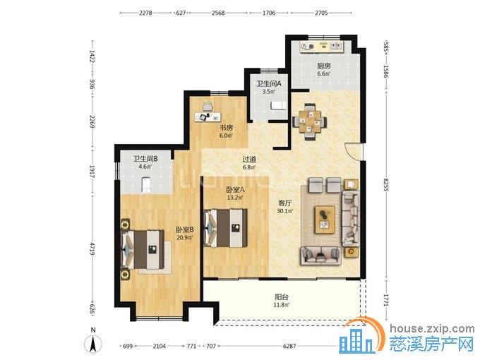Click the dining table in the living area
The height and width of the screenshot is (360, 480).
310,122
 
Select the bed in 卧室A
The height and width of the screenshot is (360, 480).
226,227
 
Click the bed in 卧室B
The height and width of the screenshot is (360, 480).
143,249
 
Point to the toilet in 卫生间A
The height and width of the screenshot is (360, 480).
278,105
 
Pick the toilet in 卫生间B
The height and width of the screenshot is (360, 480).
146,184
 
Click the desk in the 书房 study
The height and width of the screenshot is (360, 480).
208,116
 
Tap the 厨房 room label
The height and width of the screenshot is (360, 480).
324,66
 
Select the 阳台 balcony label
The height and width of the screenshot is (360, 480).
282,296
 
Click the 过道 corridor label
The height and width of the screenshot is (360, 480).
249,160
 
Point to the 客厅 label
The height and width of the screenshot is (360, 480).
284,203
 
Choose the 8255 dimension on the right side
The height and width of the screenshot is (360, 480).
385,185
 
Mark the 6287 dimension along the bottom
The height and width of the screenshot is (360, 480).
289,346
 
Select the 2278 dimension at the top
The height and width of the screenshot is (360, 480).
145,13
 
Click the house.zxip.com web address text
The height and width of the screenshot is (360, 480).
432,329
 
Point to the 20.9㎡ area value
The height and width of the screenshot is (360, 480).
184,237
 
